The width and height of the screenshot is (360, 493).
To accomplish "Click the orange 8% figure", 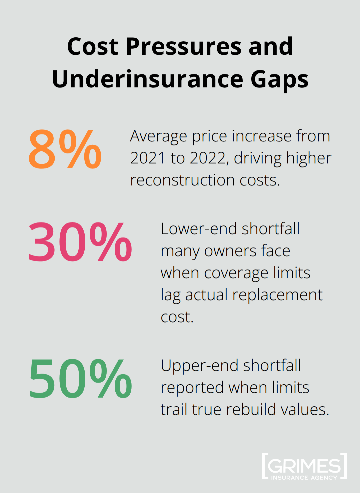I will point(65,149).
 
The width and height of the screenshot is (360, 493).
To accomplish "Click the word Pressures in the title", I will point(183,46).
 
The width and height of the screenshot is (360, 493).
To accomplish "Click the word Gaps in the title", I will point(279,79).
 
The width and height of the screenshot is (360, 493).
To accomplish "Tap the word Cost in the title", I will point(93,46).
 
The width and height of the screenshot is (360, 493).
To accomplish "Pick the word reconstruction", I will point(182,180).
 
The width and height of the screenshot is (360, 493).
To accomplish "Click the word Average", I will point(158,136).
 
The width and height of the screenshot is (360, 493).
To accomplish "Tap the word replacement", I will point(277,295).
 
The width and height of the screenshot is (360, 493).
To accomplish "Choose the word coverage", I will point(236,273).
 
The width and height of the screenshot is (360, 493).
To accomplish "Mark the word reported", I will point(192,388).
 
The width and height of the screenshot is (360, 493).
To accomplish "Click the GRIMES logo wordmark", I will point(304,465).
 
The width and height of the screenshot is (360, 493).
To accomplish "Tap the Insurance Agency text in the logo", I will point(304,478).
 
